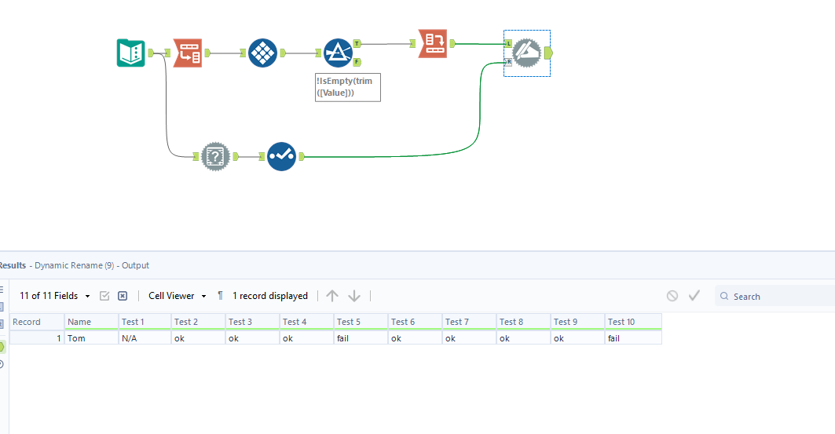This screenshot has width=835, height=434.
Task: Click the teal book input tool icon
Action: tap(131, 53)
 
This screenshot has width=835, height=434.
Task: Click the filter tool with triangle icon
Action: tap(338, 53)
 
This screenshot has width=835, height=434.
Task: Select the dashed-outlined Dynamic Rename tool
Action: tap(526, 53)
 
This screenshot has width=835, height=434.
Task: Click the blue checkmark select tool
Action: tap(280, 156)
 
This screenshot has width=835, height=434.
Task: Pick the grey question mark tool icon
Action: tap(215, 156)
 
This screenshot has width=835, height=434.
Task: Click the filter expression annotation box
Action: tap(348, 87)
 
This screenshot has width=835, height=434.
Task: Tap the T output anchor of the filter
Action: tap(357, 44)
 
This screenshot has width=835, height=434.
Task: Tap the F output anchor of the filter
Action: tap(357, 61)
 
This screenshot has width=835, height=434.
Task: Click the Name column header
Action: tap(91, 322)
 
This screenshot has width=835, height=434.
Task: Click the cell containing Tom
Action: tap(91, 337)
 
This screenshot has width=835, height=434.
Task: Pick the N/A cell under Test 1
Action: tap(145, 337)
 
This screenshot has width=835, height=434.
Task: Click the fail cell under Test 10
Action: tap(632, 337)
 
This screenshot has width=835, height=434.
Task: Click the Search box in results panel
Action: tap(778, 297)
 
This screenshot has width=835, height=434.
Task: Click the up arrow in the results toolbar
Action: tap(332, 296)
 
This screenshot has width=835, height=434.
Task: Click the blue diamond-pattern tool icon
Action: tap(262, 53)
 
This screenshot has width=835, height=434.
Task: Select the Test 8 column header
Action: tap(522, 322)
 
